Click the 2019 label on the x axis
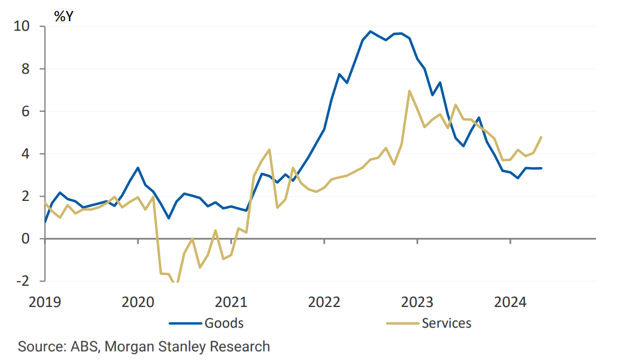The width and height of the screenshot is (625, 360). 45,303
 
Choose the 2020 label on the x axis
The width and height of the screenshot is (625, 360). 138,303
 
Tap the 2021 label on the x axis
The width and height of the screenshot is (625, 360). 231,303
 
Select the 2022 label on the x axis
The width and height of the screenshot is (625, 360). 324,303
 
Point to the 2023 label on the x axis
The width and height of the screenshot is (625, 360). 417,303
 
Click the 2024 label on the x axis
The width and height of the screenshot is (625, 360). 510,303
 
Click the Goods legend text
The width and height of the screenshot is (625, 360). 223,322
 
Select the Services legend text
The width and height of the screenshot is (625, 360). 446,322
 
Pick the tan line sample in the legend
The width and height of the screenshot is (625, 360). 403,322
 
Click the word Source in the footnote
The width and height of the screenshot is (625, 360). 41,347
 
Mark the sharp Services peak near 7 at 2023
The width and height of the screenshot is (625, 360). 410,91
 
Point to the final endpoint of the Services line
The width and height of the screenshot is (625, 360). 541,137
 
